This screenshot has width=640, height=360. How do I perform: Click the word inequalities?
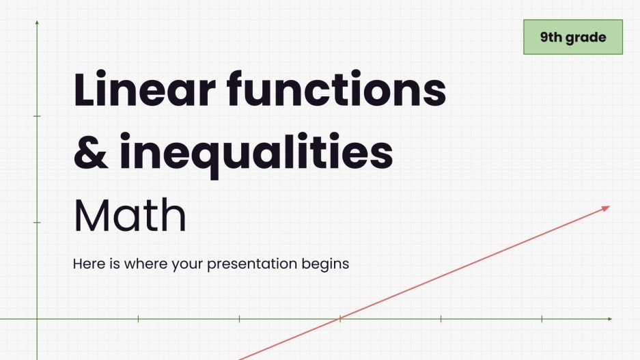click(256, 153)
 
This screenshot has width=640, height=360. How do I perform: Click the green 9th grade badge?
click(573, 38)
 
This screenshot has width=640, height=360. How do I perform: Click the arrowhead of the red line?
click(606, 208)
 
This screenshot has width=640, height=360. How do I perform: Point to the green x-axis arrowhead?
click(609, 319)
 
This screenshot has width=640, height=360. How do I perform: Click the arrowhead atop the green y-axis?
click(37, 23)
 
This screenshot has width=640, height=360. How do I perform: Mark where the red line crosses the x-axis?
click(339, 319)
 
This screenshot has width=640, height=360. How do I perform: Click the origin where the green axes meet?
click(37, 319)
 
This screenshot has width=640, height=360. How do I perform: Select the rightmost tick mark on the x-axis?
click(542, 319)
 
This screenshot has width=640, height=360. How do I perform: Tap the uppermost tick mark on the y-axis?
click(37, 116)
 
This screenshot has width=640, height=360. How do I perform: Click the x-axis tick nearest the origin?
click(138, 319)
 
